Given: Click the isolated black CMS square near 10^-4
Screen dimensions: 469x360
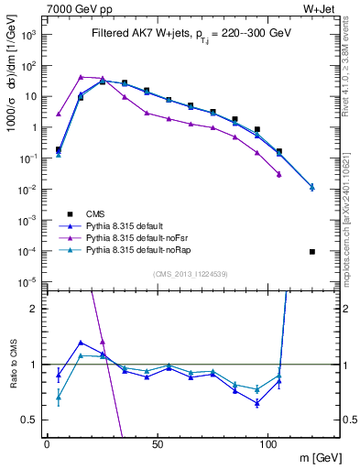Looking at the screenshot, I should coord(312,252).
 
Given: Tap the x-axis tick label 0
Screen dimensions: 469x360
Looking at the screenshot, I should coord(47,444).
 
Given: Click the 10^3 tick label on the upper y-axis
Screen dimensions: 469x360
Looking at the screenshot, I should coord(28,34).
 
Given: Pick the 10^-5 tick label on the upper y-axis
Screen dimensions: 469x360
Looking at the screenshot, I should coord(28,282).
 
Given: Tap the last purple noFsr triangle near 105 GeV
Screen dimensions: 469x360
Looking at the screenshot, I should coord(278,174).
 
